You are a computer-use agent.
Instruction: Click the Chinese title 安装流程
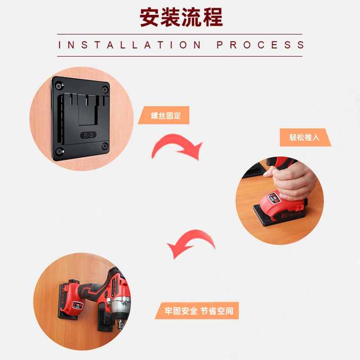tap(181, 17)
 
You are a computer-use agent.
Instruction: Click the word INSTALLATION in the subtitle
tap(130, 45)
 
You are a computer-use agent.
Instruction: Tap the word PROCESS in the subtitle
tap(261, 45)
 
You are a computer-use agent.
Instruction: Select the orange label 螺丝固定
tap(163, 115)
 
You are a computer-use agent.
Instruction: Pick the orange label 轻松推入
tap(305, 137)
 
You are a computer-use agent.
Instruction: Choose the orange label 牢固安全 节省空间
tap(197, 310)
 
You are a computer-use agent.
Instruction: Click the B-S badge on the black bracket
tap(88, 135)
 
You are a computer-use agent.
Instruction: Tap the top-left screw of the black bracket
tap(59, 85)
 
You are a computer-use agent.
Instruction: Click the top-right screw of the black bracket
tap(105, 89)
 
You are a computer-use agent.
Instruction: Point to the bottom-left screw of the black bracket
tap(60, 151)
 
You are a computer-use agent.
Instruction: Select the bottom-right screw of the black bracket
tap(105, 146)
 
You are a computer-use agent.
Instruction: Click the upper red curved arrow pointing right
tap(176, 146)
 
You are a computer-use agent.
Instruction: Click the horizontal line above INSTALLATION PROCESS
tap(180, 34)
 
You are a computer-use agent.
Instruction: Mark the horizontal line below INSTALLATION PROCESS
tap(180, 56)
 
